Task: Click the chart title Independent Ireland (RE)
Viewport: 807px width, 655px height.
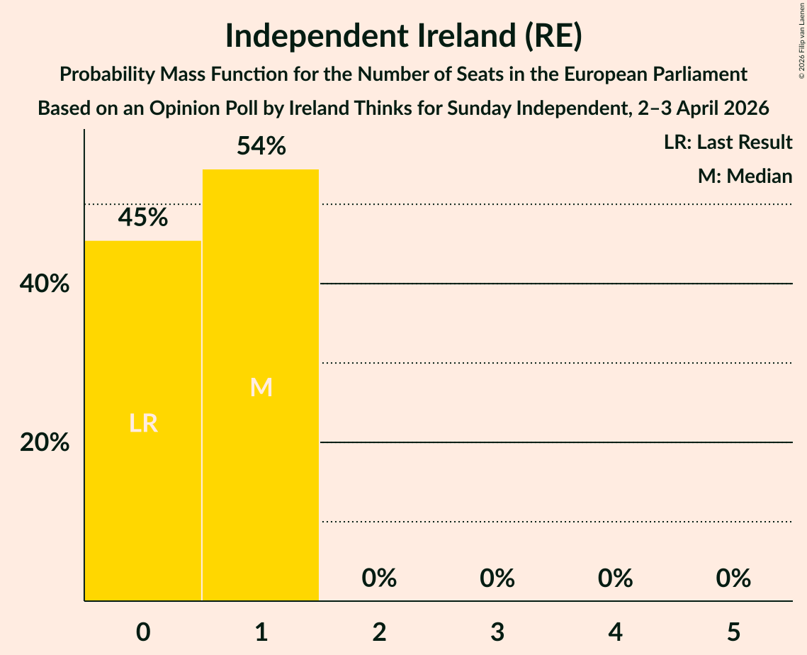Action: point(403,37)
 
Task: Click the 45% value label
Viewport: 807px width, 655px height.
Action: point(143,218)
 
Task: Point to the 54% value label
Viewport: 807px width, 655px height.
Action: point(261,146)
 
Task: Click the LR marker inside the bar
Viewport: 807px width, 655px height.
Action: point(143,423)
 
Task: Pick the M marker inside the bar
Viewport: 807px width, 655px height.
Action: point(261,387)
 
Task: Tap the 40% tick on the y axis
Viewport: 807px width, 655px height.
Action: point(45,284)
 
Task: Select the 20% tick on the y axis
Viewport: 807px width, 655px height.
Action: point(45,442)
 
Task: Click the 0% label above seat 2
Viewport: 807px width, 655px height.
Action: point(379,578)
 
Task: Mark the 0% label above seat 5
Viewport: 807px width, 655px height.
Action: point(733,578)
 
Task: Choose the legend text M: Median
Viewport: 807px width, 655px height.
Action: point(745,176)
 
